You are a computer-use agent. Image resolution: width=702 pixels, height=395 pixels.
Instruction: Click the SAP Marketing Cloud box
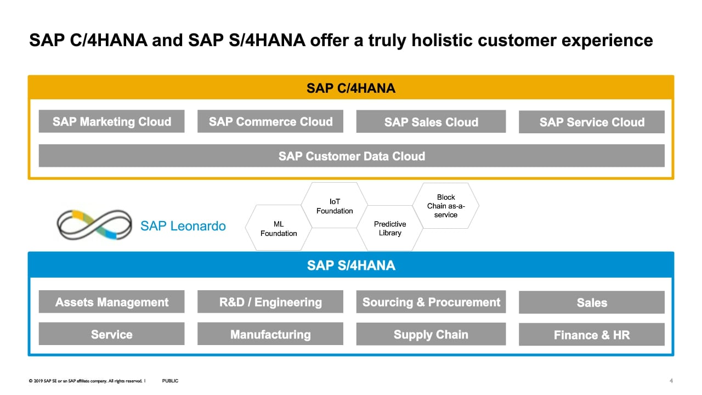pyautogui.click(x=111, y=121)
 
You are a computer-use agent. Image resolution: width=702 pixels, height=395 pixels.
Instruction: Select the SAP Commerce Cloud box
pyautogui.click(x=270, y=121)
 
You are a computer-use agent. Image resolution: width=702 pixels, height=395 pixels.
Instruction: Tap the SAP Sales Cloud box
pyautogui.click(x=431, y=122)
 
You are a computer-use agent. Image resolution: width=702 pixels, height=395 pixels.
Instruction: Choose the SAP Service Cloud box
pyautogui.click(x=592, y=122)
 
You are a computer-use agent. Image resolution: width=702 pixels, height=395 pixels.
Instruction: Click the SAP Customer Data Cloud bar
pyautogui.click(x=352, y=156)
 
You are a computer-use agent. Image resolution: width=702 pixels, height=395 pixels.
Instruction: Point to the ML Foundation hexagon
pyautogui.click(x=279, y=228)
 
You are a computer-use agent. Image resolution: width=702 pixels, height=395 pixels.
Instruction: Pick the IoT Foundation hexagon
pyautogui.click(x=335, y=205)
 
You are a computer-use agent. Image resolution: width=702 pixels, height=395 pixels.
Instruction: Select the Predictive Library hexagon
pyautogui.click(x=390, y=228)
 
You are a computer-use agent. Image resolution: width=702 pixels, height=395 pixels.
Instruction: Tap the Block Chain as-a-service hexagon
pyautogui.click(x=446, y=206)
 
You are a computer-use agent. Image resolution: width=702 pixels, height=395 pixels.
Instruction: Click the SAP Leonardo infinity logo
pyautogui.click(x=94, y=225)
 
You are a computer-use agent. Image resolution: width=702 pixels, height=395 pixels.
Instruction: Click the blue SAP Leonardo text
pyautogui.click(x=183, y=225)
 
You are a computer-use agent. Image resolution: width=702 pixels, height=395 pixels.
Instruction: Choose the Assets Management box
pyautogui.click(x=111, y=302)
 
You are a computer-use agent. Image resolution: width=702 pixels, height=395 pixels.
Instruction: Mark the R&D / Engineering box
pyautogui.click(x=270, y=302)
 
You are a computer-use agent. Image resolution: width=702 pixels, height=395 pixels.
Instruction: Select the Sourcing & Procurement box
pyautogui.click(x=431, y=302)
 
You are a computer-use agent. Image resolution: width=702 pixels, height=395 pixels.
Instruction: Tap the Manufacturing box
pyautogui.click(x=270, y=334)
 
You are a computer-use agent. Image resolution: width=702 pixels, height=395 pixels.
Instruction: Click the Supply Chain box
pyautogui.click(x=431, y=334)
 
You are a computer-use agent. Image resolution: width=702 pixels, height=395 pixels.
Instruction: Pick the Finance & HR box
pyautogui.click(x=592, y=335)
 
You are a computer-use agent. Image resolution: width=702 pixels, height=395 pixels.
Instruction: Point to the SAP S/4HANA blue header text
pyautogui.click(x=351, y=265)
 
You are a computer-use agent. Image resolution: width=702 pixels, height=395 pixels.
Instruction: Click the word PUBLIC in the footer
pyautogui.click(x=170, y=381)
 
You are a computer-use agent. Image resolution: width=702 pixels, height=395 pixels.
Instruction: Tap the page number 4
pyautogui.click(x=671, y=381)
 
